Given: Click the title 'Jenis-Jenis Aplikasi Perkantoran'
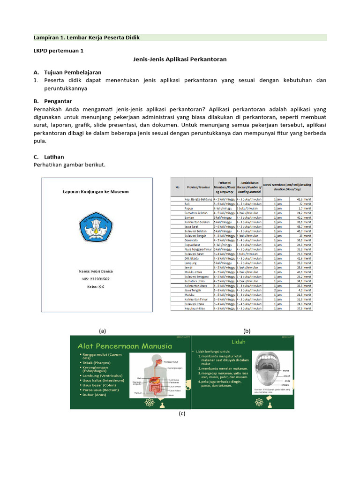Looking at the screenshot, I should click(180, 60).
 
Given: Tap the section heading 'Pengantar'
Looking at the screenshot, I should click(59, 101).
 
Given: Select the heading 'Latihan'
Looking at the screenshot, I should click(55, 157).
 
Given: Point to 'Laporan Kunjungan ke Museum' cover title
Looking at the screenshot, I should click(96, 191).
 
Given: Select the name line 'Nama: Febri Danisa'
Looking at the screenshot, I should click(96, 271).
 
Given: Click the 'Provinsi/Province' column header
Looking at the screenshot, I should click(197, 187).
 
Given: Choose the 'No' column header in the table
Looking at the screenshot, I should click(177, 187).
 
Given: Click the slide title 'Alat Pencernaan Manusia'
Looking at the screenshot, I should click(125, 346).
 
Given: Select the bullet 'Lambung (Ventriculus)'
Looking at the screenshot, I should click(106, 375).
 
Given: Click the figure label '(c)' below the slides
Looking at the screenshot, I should click(182, 414).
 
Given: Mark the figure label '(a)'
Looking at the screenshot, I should click(103, 330).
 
